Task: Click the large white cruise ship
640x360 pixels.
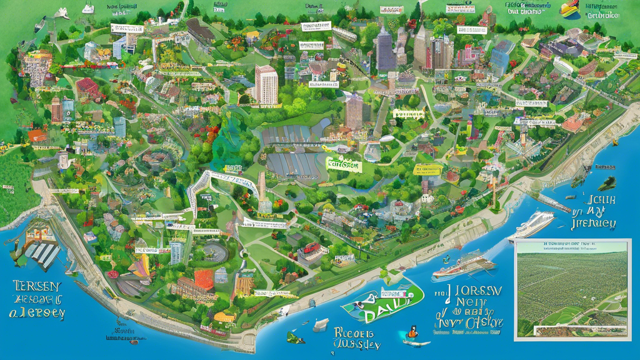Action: point(532,224)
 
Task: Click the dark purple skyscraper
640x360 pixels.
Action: point(385,48)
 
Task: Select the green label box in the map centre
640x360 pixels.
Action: point(343,165)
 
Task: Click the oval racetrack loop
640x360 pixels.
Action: point(216,252)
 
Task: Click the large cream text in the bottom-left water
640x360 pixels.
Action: point(36,299)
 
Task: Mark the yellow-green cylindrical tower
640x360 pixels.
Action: point(468,128)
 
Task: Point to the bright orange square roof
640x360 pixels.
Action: point(204,279)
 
